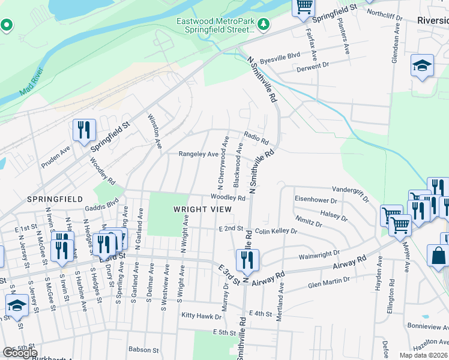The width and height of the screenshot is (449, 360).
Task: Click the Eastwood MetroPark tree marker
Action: coord(263,24)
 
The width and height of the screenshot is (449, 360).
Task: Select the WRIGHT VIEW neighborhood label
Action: coord(202,209)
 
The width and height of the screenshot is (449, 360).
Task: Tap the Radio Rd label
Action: coord(256,138)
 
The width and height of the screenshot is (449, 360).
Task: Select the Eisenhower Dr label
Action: coord(318,199)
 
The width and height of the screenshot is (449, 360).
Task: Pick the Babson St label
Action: coord(143,349)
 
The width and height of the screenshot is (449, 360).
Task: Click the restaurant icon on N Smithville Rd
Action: coord(247,259)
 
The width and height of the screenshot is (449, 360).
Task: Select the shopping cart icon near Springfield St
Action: coord(304,7)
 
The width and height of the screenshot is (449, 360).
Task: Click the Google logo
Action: coord(20,352)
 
